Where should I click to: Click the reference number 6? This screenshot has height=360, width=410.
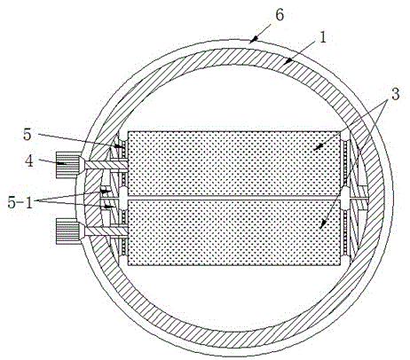click(x=280, y=15)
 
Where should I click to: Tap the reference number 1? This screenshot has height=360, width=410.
click(x=323, y=37)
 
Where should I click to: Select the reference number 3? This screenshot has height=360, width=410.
click(x=395, y=94)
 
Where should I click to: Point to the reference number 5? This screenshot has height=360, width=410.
click(x=28, y=135)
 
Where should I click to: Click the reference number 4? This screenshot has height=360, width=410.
click(x=28, y=161)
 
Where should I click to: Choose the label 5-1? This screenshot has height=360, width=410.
click(x=20, y=203)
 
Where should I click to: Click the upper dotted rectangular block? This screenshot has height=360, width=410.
click(x=234, y=163)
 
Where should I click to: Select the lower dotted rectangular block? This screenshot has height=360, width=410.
click(x=234, y=232)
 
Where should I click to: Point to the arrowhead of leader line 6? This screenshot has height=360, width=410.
click(x=254, y=40)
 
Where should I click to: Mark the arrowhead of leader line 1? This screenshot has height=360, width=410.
click(x=288, y=62)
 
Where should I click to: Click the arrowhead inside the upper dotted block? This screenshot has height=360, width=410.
click(x=318, y=147)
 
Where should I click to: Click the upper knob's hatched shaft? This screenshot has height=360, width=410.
click(x=106, y=165)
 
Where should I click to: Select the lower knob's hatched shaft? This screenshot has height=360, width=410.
click(x=106, y=231)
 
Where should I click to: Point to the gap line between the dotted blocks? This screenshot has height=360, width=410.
click(x=234, y=198)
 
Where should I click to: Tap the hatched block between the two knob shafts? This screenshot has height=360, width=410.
click(x=93, y=198)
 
